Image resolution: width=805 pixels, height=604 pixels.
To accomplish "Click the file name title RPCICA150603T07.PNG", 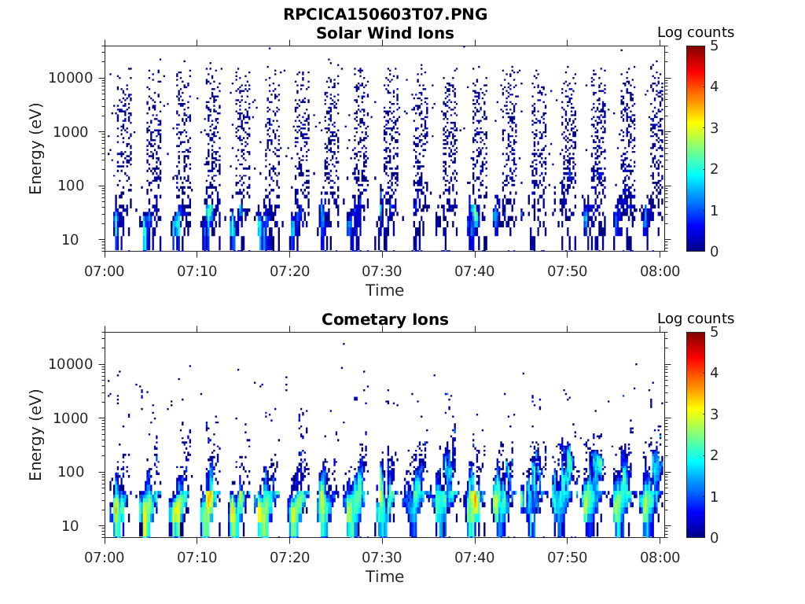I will click(385, 14).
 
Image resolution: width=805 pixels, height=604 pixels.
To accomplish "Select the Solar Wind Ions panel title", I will click(385, 33).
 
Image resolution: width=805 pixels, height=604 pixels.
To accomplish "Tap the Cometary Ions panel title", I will click(385, 319).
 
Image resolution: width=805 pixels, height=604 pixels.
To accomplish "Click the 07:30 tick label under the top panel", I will click(382, 271).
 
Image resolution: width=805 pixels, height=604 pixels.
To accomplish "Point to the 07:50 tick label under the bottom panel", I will click(568, 557).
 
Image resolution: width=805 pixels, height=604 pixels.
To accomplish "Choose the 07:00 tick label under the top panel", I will click(105, 271).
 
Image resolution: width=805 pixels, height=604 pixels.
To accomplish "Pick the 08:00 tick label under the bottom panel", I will click(660, 557).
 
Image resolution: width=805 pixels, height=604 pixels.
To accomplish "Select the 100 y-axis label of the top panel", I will click(80, 186).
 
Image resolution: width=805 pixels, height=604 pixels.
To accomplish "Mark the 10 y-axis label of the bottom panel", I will click(84, 525).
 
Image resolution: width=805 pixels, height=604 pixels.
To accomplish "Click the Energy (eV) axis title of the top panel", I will click(36, 148).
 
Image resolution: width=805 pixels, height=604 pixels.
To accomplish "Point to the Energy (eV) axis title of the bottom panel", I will click(36, 434).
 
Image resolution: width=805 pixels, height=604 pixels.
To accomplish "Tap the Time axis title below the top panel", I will click(385, 290).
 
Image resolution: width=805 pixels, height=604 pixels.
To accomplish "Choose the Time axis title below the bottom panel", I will click(385, 576).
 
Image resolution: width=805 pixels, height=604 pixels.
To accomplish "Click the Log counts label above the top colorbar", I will click(695, 32).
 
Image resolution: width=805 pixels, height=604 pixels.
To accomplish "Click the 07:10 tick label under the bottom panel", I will click(197, 557).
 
